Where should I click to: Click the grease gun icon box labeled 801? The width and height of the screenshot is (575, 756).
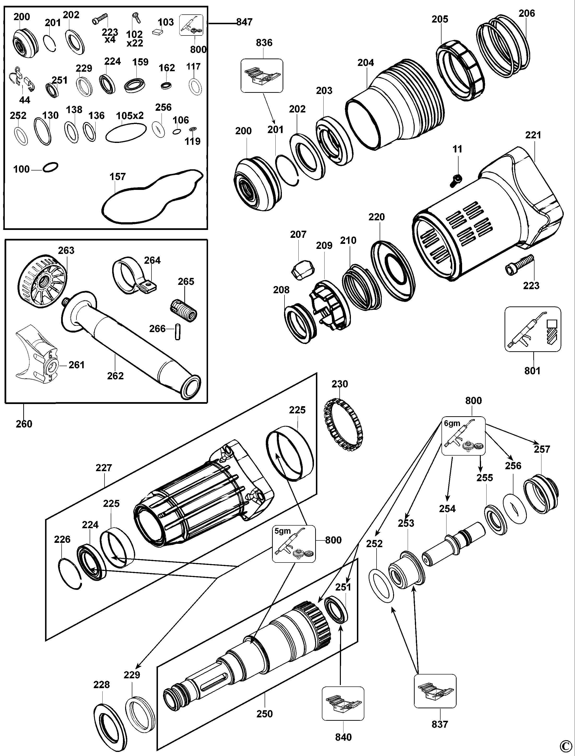click(533, 329)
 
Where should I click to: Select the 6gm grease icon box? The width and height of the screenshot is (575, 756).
click(463, 435)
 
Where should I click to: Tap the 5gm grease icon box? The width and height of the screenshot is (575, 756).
click(294, 544)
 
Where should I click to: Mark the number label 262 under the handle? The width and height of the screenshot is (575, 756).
click(115, 376)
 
